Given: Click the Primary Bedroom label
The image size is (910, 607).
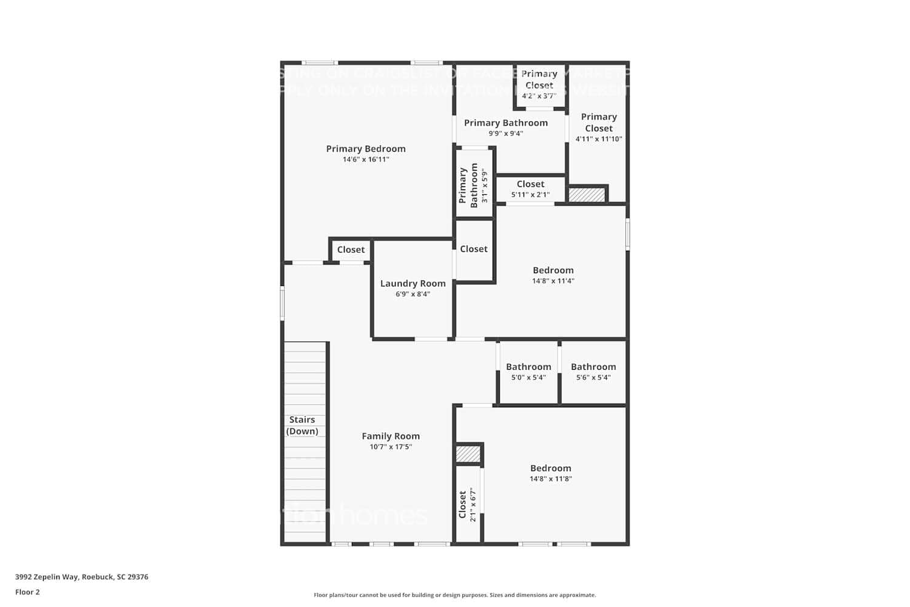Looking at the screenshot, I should click(x=366, y=149).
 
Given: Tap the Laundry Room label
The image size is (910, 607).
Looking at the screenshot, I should click(x=413, y=283).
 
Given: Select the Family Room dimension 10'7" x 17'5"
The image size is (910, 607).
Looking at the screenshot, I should click(x=391, y=447).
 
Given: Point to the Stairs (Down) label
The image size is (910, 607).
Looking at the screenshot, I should click(x=302, y=425).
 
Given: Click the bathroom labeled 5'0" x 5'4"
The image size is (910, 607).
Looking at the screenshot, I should click(x=528, y=371).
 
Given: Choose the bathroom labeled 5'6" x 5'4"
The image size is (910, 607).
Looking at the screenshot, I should click(x=593, y=371).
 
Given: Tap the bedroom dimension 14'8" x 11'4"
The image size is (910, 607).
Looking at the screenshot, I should click(x=553, y=281).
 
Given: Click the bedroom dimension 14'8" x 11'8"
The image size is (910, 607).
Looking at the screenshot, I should click(x=551, y=479).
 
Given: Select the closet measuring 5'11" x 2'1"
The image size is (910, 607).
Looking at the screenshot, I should click(x=530, y=189).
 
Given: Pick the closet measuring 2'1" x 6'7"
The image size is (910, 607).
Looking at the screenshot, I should click(x=468, y=504).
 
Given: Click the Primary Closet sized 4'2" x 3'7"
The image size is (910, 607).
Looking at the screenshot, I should click(x=539, y=84).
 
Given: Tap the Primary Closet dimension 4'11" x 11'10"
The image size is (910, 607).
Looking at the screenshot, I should click(x=599, y=139).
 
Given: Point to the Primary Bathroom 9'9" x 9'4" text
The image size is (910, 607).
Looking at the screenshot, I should click(x=506, y=134).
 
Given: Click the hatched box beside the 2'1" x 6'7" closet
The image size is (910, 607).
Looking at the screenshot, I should click(x=468, y=453).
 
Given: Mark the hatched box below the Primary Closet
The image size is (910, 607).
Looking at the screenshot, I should click(x=587, y=195).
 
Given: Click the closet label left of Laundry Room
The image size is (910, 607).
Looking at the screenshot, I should click(x=351, y=249).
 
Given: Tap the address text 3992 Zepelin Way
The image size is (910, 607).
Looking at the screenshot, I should click(x=81, y=577).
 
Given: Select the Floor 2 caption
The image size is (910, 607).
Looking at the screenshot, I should click(x=27, y=592).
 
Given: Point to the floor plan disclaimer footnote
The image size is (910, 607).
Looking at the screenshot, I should click(x=454, y=595).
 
